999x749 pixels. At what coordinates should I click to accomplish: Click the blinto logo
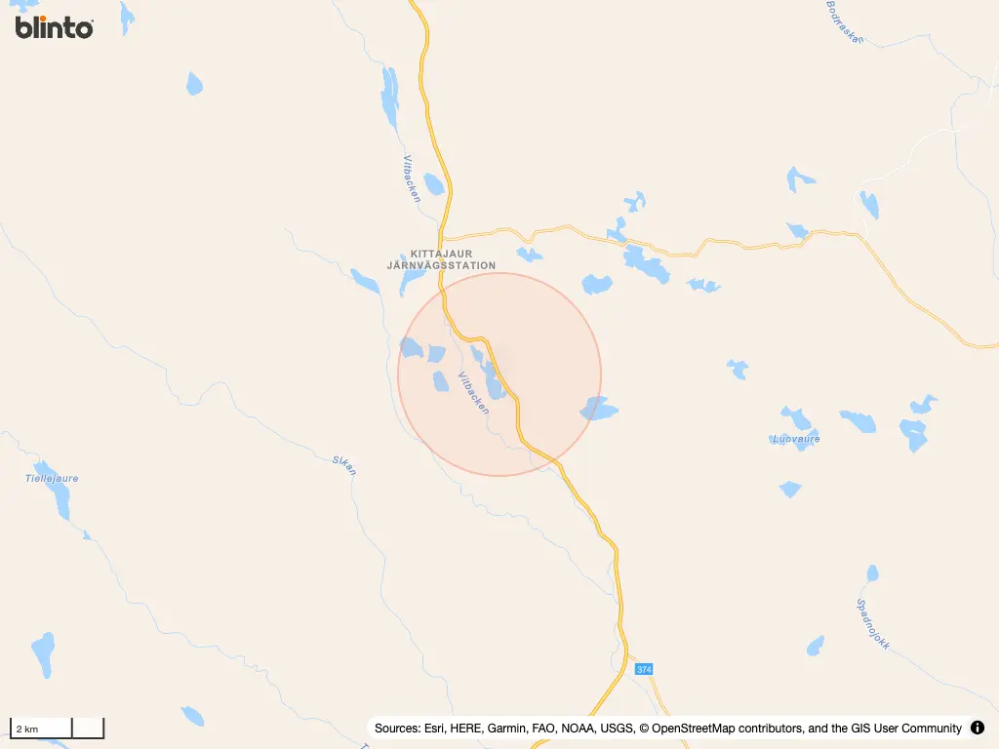pos(55,27)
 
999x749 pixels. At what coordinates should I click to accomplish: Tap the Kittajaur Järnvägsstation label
pos(453,259)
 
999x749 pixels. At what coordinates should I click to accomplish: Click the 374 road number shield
pos(644,669)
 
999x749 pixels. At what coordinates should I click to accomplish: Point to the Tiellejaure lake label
pos(52,479)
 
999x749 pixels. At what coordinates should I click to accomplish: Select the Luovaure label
pos(796,439)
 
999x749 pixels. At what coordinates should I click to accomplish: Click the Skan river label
pos(344,464)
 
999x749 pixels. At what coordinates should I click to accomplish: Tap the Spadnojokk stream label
pos(873,624)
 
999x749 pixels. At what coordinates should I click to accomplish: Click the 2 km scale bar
pos(57,728)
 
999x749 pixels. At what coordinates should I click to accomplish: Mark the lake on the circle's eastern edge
pos(597,410)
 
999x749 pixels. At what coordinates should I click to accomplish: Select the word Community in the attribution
pos(927,729)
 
